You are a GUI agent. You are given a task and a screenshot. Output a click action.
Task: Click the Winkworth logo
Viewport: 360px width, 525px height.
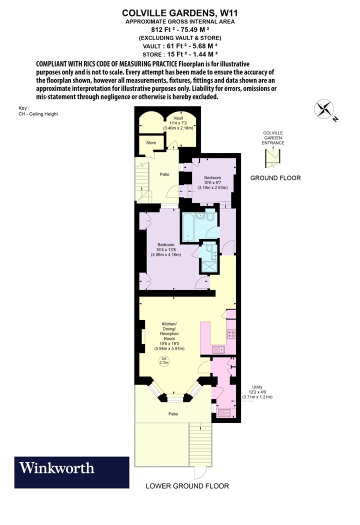[71, 472]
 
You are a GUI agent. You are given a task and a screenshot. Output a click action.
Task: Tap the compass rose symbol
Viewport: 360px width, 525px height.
[324, 109]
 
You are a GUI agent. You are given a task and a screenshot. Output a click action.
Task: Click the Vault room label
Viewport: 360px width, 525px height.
[178, 118]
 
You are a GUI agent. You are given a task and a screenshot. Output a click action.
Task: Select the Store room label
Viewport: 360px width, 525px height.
[151, 142]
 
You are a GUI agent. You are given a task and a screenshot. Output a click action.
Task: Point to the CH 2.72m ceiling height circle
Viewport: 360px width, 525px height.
[164, 360]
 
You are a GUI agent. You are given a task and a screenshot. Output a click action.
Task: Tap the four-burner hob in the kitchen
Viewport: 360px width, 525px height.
[231, 334]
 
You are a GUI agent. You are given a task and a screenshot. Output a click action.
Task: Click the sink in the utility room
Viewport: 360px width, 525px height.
[224, 413]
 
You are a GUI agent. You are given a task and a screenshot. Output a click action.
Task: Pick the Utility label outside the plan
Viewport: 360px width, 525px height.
[257, 387]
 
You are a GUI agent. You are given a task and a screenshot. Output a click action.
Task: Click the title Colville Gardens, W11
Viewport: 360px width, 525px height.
[180, 13]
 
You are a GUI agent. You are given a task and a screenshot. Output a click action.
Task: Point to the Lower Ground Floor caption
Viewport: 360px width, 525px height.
[187, 486]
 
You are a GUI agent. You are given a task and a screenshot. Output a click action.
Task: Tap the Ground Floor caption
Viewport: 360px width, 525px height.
[275, 178]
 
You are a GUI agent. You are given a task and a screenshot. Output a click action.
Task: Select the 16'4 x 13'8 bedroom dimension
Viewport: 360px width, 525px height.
[166, 250]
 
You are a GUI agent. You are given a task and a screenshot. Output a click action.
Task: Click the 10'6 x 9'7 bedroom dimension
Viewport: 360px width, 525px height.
[212, 182]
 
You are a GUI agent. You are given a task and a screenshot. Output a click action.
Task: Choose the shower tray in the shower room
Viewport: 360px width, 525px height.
[208, 266]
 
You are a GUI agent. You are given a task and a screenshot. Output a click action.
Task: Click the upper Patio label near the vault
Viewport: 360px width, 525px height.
[164, 174]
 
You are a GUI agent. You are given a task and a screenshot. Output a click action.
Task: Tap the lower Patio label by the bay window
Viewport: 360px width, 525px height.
[173, 414]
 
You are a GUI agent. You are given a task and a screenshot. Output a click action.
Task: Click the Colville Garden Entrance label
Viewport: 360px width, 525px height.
[273, 138]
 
